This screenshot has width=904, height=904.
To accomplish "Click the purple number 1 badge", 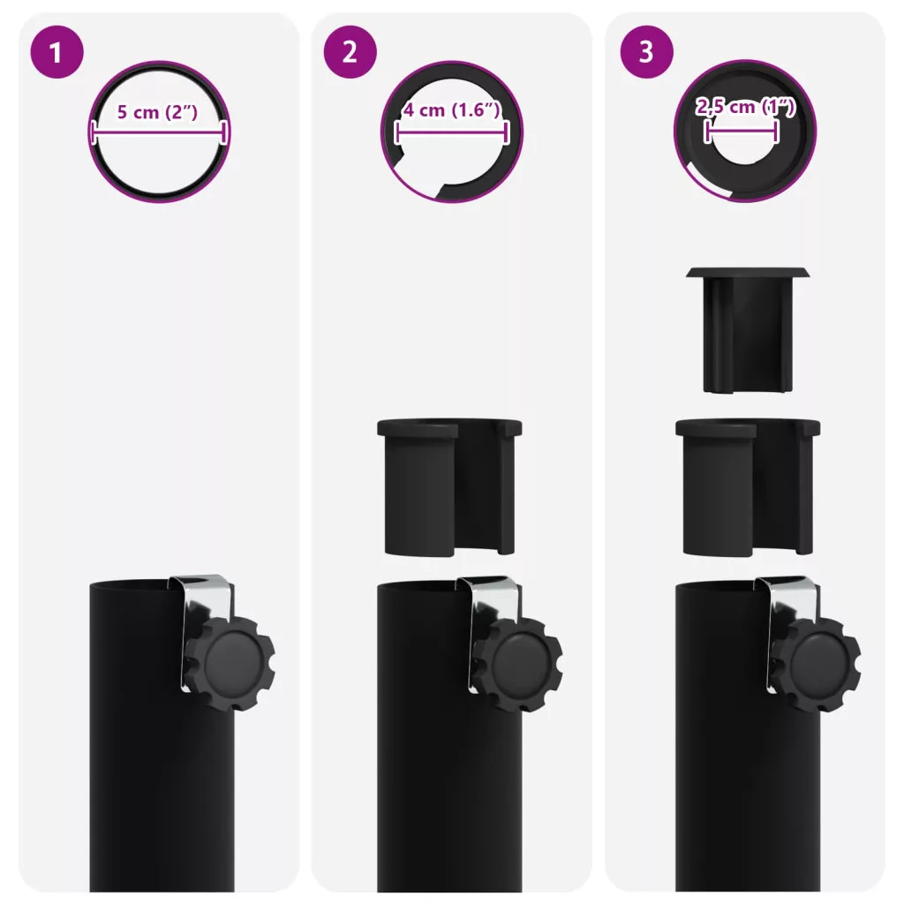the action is pyautogui.click(x=56, y=52).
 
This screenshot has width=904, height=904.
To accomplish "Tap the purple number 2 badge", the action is pyautogui.click(x=350, y=52).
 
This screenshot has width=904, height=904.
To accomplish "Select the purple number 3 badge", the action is pyautogui.click(x=646, y=52).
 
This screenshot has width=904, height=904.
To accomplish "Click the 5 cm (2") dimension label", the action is pyautogui.click(x=157, y=112).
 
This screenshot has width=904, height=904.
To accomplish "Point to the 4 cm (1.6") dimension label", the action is pyautogui.click(x=451, y=109).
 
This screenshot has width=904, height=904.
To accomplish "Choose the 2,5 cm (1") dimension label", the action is pyautogui.click(x=745, y=107).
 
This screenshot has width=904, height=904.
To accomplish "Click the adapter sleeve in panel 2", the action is pyautogui.click(x=449, y=487).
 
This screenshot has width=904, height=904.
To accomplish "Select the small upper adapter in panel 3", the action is pyautogui.click(x=748, y=330).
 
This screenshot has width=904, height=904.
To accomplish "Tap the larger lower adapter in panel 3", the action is pyautogui.click(x=748, y=487).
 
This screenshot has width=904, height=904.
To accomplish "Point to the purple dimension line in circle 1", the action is pyautogui.click(x=160, y=134).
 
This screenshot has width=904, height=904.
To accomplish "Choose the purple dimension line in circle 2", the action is pyautogui.click(x=451, y=133).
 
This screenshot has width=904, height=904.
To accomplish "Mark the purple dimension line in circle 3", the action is pyautogui.click(x=742, y=132).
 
